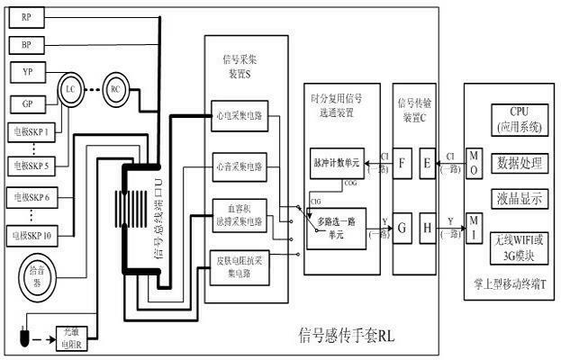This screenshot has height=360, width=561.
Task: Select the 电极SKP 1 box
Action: click(29, 131)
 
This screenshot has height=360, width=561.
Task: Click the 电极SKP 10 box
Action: click(31, 236)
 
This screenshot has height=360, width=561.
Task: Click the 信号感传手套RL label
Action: click(347, 336)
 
